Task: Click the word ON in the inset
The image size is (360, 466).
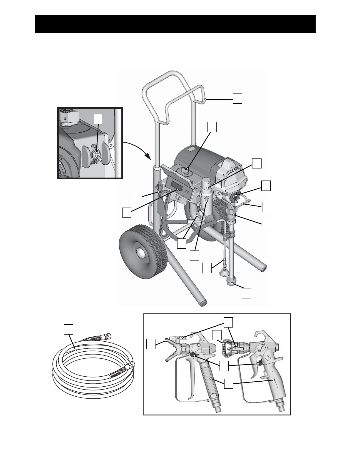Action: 95,146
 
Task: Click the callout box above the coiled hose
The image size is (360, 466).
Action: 68,329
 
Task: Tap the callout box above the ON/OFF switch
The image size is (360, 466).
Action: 98,119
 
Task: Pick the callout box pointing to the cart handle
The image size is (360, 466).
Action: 238,98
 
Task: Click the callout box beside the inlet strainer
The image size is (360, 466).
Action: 247,293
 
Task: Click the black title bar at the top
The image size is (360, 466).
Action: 175,24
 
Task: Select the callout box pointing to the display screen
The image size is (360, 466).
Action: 127,212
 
